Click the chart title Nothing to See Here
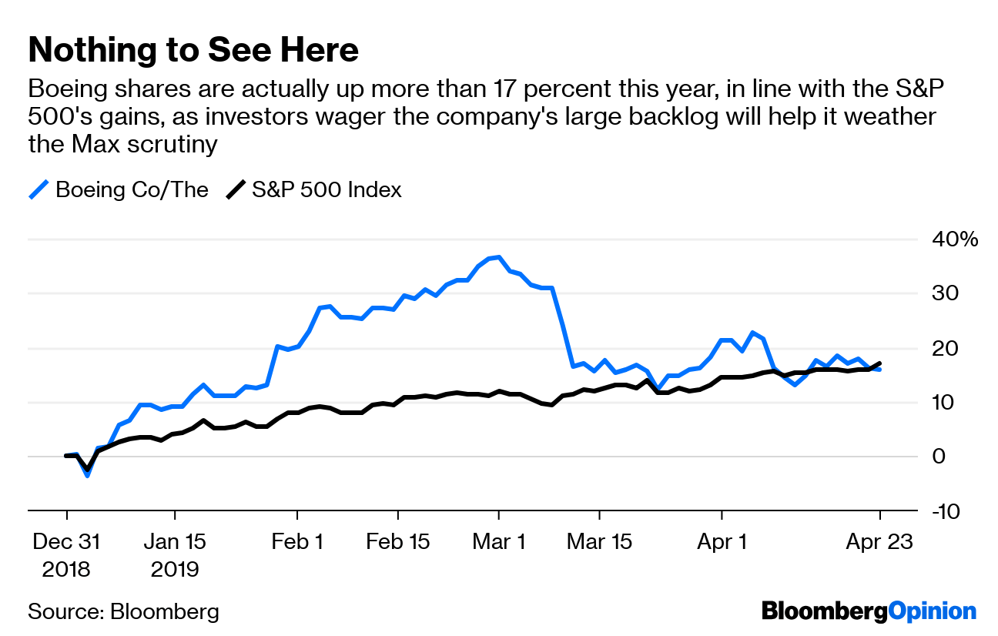[193, 50]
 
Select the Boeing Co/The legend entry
[119, 189]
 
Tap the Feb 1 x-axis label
[297, 542]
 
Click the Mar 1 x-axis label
[499, 542]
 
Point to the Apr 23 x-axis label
[879, 542]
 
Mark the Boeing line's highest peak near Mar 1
[499, 257]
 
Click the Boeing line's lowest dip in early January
[87, 475]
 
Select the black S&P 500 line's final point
[879, 363]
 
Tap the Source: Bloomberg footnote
[123, 612]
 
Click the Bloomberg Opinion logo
[869, 611]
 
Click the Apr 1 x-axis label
[722, 542]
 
